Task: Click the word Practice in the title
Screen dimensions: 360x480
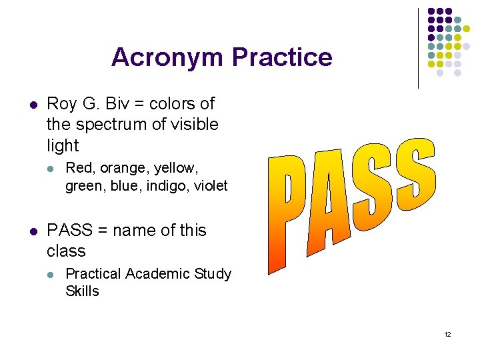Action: (x=282, y=57)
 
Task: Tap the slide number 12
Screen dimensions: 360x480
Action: (x=447, y=334)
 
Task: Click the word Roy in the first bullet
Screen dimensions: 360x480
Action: (x=62, y=104)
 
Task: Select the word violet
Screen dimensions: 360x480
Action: (x=208, y=186)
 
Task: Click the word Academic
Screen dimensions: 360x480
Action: (x=155, y=274)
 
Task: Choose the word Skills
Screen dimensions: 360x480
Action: (x=82, y=291)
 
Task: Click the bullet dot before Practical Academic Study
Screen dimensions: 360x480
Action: (x=51, y=274)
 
